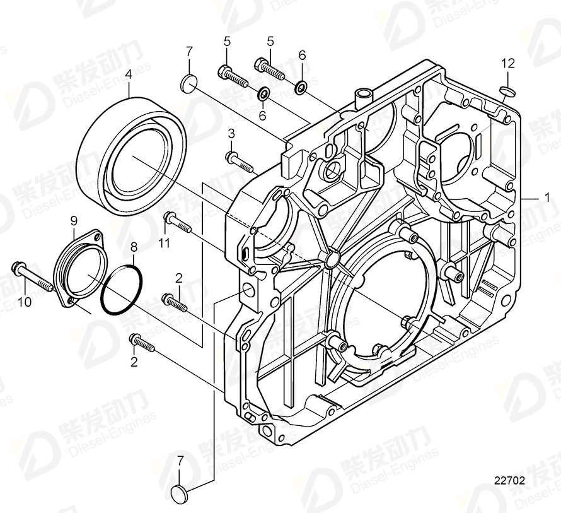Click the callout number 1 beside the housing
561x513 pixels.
[x=547, y=197]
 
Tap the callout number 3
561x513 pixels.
[x=231, y=133]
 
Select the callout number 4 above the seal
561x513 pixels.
[x=129, y=74]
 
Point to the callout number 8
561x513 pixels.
[x=133, y=249]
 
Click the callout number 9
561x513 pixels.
[x=74, y=220]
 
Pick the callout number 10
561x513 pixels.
[x=24, y=302]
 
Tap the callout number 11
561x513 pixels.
[x=165, y=244]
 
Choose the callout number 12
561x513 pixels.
[x=508, y=62]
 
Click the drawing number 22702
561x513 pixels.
[x=509, y=480]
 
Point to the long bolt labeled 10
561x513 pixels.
[x=32, y=278]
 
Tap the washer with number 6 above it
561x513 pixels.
[x=301, y=85]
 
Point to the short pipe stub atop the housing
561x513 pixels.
[x=362, y=97]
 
